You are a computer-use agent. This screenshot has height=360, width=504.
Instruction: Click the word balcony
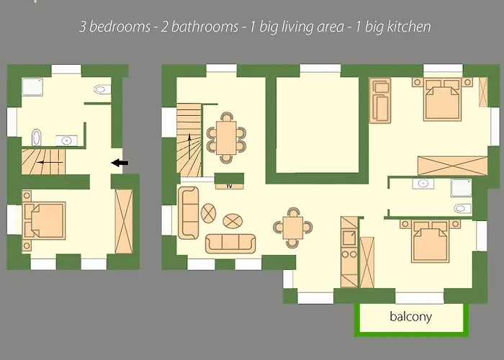coord(410,317)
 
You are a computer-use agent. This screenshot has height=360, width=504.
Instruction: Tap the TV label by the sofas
coord(229,186)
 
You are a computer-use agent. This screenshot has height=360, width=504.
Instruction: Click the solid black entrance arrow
coord(120,163)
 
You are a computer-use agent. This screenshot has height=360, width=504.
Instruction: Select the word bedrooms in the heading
coord(120,27)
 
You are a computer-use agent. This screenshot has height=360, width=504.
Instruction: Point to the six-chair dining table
coord(226,138)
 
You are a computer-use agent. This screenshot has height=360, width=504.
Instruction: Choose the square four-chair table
coord(293,228)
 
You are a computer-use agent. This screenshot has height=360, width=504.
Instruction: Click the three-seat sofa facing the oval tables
coord(230,243)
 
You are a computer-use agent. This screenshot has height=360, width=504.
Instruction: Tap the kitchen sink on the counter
coord(349,238)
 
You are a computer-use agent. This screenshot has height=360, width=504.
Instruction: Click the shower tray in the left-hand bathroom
coord(32,87)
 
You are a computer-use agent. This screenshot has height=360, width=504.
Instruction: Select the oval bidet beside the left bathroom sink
coord(36,138)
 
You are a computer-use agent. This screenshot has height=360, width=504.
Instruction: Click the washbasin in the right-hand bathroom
coord(423,184)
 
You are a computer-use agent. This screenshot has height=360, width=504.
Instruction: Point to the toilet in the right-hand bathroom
coord(463,209)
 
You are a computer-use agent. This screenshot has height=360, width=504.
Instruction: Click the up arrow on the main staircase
coord(189,146)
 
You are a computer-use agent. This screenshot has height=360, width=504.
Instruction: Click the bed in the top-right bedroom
coord(443,99)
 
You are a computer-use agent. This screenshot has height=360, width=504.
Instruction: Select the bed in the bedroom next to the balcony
coord(430,241)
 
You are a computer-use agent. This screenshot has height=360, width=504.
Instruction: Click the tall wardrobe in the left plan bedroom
coord(124,221)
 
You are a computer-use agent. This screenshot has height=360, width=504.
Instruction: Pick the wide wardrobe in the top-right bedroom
coord(452,166)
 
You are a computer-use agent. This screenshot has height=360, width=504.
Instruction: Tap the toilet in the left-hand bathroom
coord(102,89)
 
